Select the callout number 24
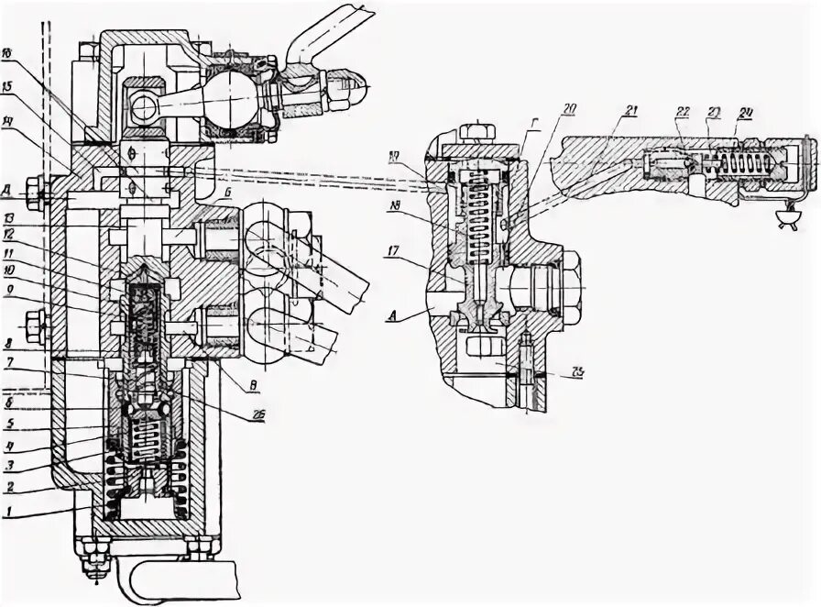point(746,115)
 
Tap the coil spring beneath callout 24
point(743,165)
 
